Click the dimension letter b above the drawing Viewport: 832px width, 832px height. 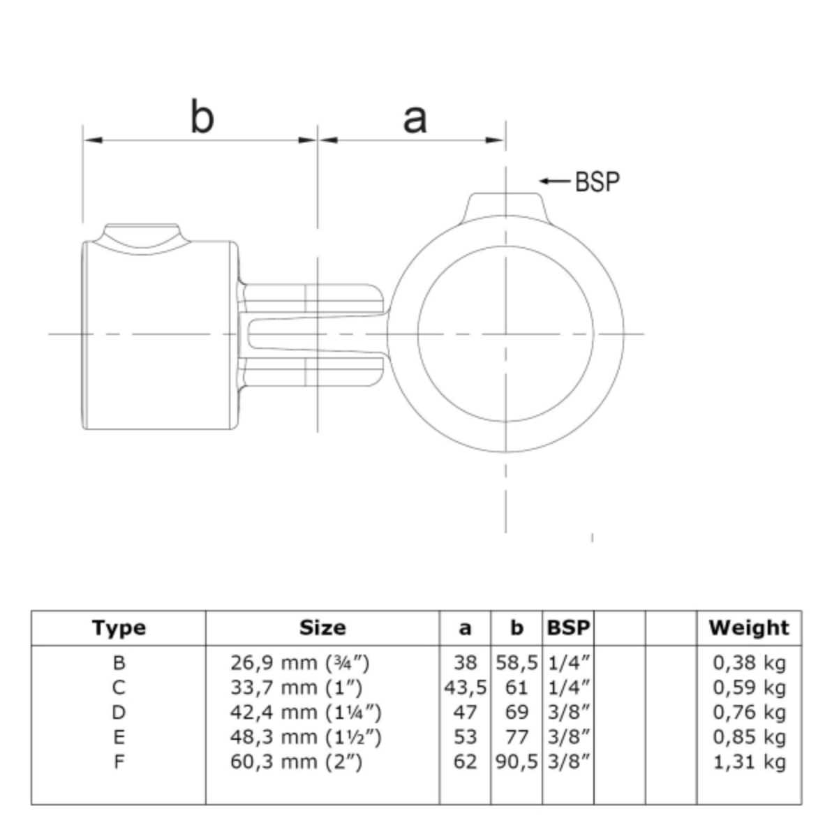(202, 116)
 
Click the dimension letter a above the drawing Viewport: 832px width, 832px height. (415, 119)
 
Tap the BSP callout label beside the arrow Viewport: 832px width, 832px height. (597, 181)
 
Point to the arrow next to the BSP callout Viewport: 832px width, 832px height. (555, 181)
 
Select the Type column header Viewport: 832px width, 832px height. (119, 627)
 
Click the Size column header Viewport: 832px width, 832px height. (322, 627)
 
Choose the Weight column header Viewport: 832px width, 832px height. (749, 628)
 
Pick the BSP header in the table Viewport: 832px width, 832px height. (568, 627)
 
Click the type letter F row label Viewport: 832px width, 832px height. (119, 762)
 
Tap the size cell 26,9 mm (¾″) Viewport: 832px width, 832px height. (300, 662)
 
